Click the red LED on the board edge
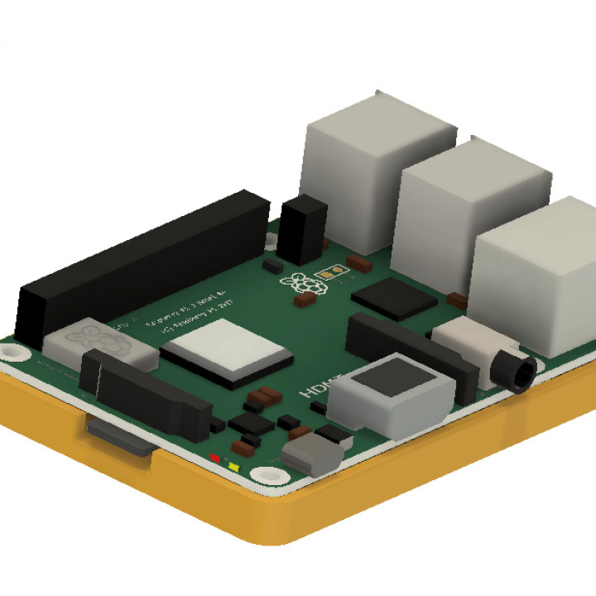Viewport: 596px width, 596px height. pyautogui.click(x=215, y=456)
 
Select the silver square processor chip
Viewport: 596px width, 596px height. pyautogui.click(x=228, y=352)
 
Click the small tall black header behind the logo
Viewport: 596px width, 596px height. pyautogui.click(x=302, y=228)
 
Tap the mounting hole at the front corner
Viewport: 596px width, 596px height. pyautogui.click(x=267, y=475)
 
